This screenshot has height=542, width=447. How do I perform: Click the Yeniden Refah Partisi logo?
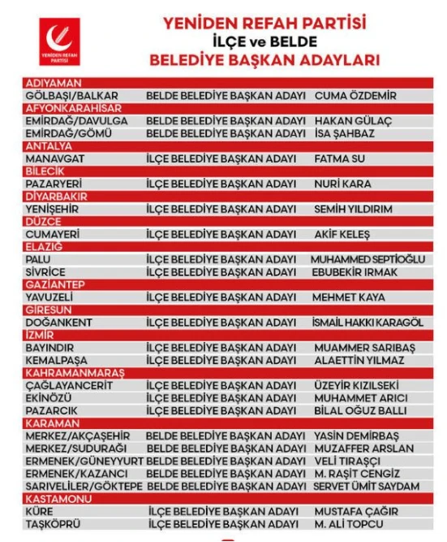point(58,43)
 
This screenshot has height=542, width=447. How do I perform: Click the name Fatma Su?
point(340,158)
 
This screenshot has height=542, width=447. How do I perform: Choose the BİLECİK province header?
point(45,171)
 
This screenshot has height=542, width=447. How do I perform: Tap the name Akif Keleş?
point(342,234)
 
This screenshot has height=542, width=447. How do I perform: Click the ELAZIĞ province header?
point(45,247)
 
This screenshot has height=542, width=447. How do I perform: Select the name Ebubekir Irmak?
point(355,272)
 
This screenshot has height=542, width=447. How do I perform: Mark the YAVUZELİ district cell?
point(54,297)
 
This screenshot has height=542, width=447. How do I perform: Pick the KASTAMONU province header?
point(55,498)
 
